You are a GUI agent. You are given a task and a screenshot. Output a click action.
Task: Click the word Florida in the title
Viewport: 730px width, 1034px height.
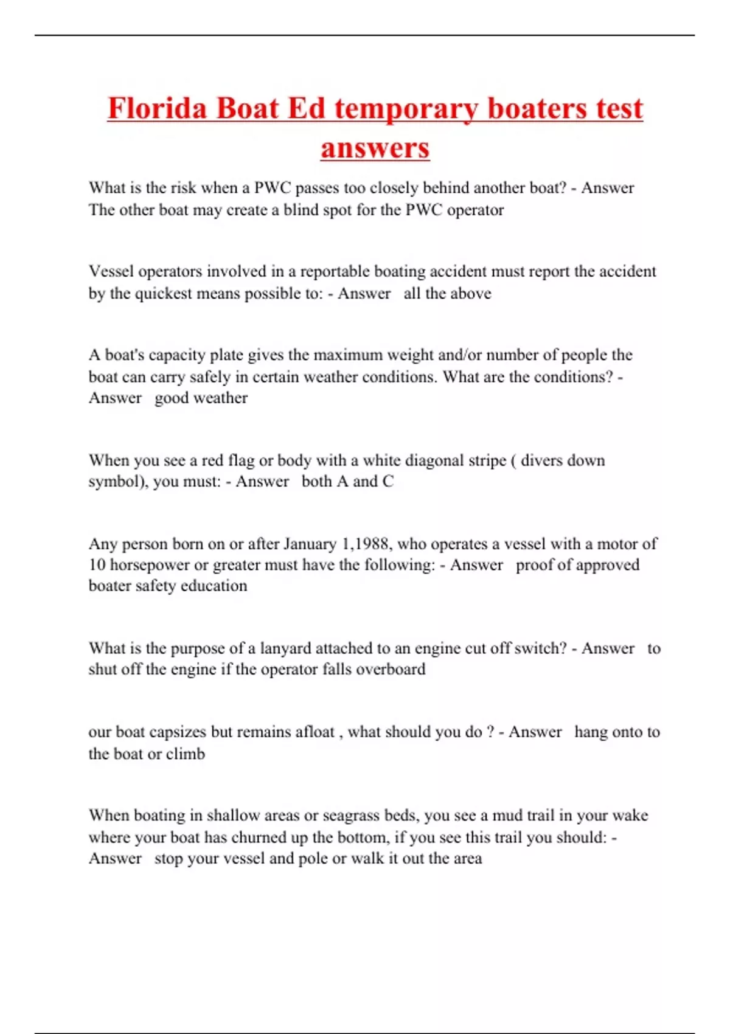click(x=157, y=108)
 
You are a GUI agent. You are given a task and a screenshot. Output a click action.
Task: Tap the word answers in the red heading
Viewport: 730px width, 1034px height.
click(x=375, y=148)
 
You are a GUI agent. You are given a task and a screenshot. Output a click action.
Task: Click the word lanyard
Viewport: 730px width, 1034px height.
click(x=285, y=648)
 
